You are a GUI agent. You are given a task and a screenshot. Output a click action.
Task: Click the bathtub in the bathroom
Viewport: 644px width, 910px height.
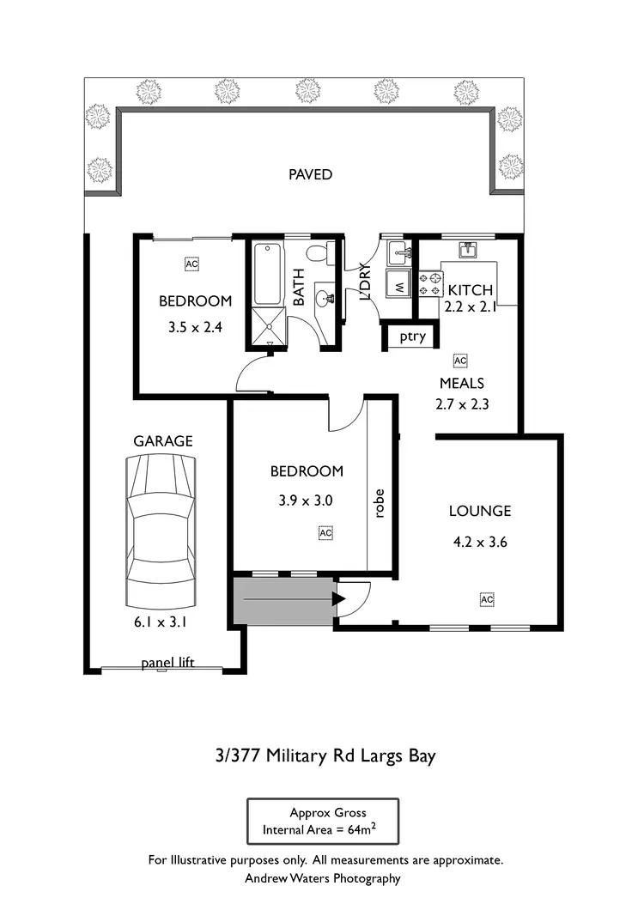coord(267,275)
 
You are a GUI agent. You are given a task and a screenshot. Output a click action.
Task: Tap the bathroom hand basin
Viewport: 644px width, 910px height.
coord(325,298)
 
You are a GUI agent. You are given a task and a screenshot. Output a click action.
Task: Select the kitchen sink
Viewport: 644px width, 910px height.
coord(468,250)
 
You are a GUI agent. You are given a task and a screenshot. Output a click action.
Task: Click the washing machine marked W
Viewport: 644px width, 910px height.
coord(398,283)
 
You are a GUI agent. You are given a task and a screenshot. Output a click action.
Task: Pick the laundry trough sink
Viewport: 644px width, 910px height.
coord(398,253)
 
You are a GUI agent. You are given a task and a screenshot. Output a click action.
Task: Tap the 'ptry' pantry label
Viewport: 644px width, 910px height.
coord(412,337)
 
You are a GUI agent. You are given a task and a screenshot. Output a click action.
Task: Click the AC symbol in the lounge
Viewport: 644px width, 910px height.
coord(487,598)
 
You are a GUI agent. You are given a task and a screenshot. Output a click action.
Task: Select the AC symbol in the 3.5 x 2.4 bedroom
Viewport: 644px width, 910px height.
coord(191,264)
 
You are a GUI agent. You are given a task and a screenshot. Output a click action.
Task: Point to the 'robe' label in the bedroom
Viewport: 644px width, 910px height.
coord(379,504)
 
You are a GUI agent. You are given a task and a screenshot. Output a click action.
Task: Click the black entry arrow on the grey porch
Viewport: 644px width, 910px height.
coord(339,598)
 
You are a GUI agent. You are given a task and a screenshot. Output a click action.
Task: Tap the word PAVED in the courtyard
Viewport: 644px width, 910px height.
coord(310,175)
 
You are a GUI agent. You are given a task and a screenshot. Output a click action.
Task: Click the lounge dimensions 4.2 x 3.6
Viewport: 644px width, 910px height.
coord(481,542)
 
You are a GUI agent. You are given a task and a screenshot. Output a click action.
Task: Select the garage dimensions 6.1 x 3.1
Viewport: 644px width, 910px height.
coord(161,623)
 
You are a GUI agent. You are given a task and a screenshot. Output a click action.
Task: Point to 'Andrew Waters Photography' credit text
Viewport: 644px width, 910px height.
coord(323,878)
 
